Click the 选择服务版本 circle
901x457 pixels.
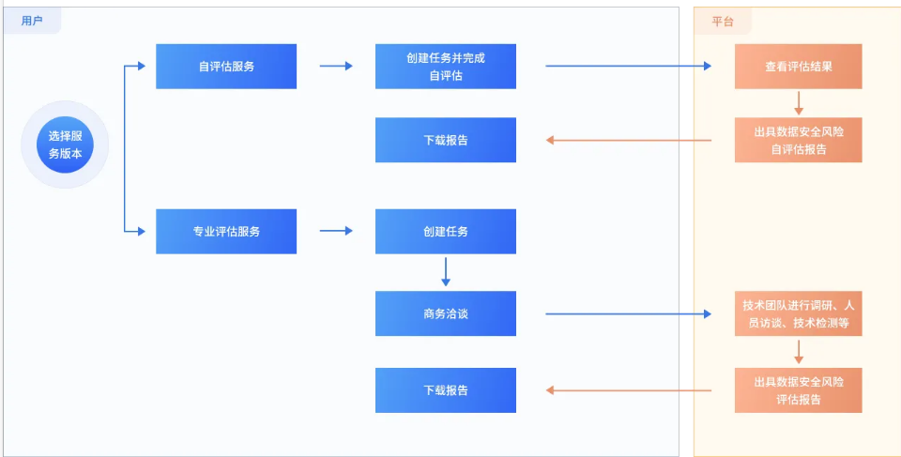[65, 145]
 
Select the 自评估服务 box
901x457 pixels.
[226, 67]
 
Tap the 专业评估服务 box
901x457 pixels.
[226, 231]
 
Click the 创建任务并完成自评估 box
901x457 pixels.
[445, 67]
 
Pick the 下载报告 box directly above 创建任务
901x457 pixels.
[445, 140]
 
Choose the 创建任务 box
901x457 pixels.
[445, 231]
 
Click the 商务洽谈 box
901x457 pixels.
[445, 313]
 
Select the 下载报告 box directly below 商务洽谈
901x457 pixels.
[445, 390]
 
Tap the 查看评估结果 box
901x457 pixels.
[798, 67]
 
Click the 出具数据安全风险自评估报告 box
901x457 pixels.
[798, 140]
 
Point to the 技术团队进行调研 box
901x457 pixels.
[798, 313]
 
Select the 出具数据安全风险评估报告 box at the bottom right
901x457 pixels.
[798, 390]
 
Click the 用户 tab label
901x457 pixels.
[32, 21]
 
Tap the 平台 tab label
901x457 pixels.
[723, 21]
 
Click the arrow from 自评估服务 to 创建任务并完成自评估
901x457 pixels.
[336, 66]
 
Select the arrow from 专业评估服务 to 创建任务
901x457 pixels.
[336, 231]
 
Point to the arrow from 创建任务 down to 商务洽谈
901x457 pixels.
[446, 271]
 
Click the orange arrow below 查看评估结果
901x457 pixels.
[799, 102]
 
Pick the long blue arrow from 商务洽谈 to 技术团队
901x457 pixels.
[629, 313]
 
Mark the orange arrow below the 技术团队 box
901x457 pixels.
[799, 352]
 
